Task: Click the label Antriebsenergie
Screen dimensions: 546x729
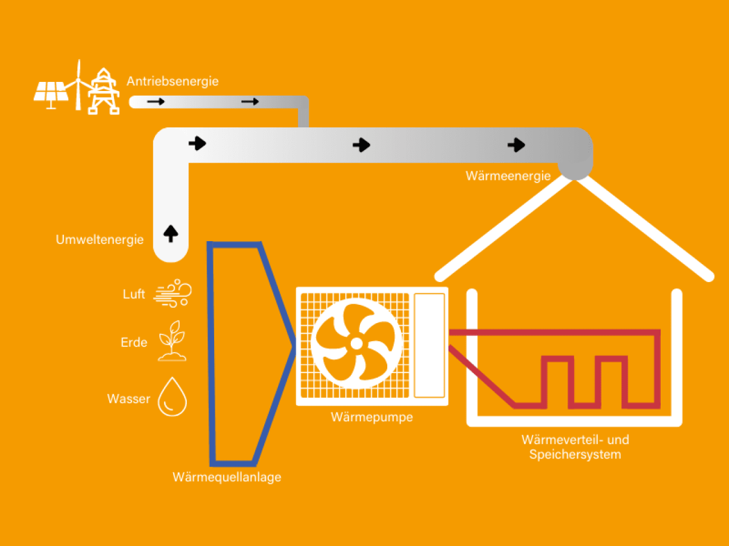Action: (x=172, y=81)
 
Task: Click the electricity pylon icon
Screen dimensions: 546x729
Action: (x=104, y=92)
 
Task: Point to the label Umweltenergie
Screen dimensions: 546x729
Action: (x=100, y=240)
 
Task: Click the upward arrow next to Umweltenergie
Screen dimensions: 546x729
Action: (x=171, y=234)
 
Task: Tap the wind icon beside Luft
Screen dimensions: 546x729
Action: (x=173, y=293)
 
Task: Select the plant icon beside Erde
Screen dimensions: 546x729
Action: (x=172, y=341)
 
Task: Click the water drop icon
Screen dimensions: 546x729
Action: (x=172, y=398)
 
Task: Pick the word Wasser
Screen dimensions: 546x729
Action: (x=129, y=399)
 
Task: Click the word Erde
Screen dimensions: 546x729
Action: (x=134, y=342)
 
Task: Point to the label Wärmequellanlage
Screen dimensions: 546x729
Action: (x=227, y=477)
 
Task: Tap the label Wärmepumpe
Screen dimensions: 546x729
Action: (x=372, y=417)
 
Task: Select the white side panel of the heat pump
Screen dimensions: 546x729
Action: (x=429, y=346)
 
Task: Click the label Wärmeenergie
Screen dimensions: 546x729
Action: (x=508, y=176)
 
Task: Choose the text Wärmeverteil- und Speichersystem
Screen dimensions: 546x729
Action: (x=575, y=447)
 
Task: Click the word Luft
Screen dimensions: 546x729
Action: (x=134, y=294)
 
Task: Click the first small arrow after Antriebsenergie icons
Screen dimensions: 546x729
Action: (x=156, y=102)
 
